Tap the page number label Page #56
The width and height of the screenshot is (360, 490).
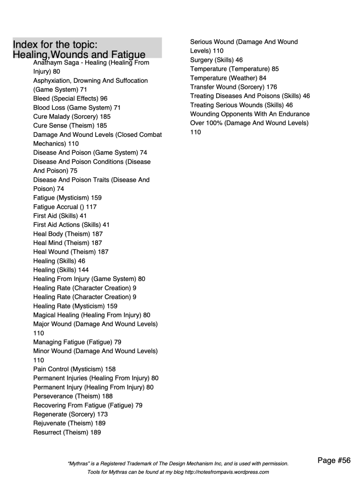pyautogui.click(x=334, y=461)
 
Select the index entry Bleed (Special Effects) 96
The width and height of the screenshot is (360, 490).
pyautogui.click(x=70, y=99)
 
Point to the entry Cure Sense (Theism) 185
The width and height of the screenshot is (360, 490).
pyautogui.click(x=70, y=125)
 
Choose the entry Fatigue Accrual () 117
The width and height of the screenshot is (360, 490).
pyautogui.click(x=67, y=206)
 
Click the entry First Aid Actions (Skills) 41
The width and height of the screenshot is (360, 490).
pyautogui.click(x=71, y=224)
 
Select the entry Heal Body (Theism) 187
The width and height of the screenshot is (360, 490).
pyautogui.click(x=68, y=234)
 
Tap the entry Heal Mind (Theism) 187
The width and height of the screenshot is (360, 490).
pyautogui.click(x=68, y=243)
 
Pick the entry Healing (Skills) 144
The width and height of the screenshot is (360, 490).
pyautogui.click(x=61, y=269)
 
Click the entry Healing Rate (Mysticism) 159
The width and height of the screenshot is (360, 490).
pyautogui.click(x=75, y=306)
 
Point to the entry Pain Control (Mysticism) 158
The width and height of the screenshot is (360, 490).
pyautogui.click(x=74, y=369)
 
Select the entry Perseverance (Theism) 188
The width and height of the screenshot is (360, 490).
pyautogui.click(x=73, y=396)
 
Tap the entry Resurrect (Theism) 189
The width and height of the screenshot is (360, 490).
pyautogui.click(x=67, y=432)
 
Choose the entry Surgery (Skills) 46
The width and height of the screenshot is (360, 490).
pyautogui.click(x=216, y=60)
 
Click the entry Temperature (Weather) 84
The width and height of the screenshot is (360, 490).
pyautogui.click(x=228, y=78)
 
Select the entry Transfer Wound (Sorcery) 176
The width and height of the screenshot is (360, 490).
pyautogui.click(x=233, y=87)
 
